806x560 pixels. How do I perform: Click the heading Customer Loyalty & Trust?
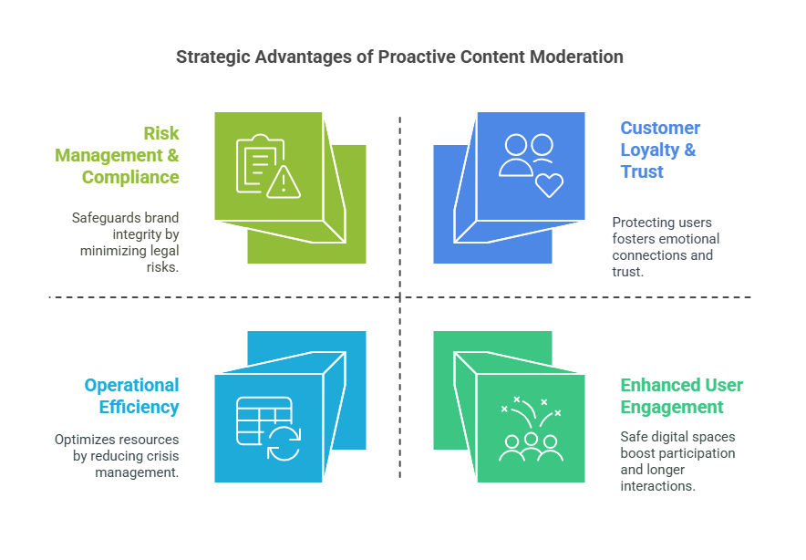[x=660, y=150]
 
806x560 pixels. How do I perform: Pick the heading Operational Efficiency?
[x=131, y=396]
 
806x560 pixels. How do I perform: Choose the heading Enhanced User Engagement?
[x=681, y=396]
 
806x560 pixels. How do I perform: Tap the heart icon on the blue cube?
[x=549, y=183]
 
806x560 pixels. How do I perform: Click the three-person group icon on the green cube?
[x=531, y=446]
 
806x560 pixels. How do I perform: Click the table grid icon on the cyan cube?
[x=263, y=420]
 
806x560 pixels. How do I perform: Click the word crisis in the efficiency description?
[x=160, y=455]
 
